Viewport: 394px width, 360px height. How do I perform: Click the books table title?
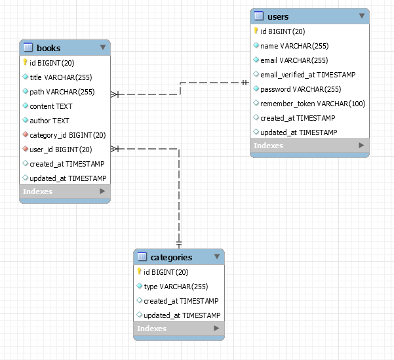click(x=49, y=48)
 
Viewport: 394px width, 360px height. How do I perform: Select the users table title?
click(x=278, y=16)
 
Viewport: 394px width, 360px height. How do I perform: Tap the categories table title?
click(x=171, y=257)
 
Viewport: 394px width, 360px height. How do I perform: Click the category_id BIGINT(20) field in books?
click(x=68, y=135)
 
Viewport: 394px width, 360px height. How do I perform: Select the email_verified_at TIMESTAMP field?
click(x=308, y=75)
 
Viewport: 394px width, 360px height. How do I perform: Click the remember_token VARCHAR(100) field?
click(x=313, y=104)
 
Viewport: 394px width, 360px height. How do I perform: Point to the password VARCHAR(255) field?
click(x=300, y=89)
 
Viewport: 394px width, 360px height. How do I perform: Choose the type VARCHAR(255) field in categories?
click(x=175, y=287)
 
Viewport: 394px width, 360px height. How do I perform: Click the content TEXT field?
click(x=51, y=106)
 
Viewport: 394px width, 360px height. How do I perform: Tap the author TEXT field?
click(x=49, y=121)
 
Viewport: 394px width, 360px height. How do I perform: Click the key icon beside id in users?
click(x=256, y=31)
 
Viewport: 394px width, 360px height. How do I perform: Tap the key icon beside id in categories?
click(x=139, y=271)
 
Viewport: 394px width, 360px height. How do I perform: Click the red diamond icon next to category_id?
click(x=25, y=135)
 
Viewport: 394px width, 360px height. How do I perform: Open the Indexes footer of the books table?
click(x=64, y=191)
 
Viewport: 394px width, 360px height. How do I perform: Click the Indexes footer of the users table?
click(x=309, y=146)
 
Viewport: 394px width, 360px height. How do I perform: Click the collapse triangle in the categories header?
click(x=217, y=256)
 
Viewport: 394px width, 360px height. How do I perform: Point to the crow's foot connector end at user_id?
click(x=115, y=149)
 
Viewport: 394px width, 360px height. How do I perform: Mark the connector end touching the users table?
click(x=245, y=83)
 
